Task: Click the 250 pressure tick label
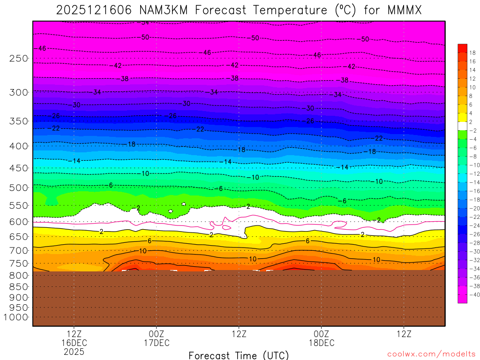[x=18, y=59]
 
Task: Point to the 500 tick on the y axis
[x=18, y=187]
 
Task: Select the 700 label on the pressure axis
[x=18, y=249]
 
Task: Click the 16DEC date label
[x=75, y=343]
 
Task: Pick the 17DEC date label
[x=157, y=343]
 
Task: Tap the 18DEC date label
[x=322, y=343]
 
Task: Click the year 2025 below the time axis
[x=75, y=351]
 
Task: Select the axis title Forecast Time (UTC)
[x=239, y=355]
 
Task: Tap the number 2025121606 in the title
[x=87, y=10]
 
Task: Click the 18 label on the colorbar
[x=472, y=52]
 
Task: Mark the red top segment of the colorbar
[x=462, y=48]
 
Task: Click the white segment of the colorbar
[x=462, y=126]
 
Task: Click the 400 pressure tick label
[x=18, y=146]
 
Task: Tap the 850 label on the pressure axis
[x=18, y=286]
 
